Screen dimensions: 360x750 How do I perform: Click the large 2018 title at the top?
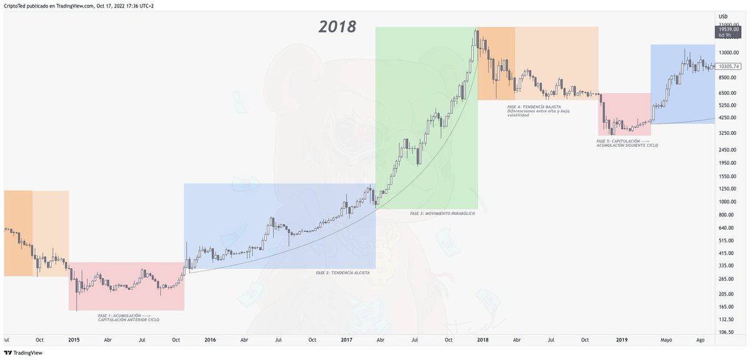coord(337,27)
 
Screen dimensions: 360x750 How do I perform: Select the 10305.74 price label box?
coord(729,66)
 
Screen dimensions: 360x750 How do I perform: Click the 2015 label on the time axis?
coord(74,340)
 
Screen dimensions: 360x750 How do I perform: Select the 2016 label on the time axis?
coord(210,340)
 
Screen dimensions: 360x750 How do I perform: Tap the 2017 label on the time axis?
coord(347,340)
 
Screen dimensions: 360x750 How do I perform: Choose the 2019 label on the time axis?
coord(622,340)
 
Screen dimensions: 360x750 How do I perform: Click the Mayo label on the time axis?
coord(666,340)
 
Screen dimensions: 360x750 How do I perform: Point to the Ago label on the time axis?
coord(701,340)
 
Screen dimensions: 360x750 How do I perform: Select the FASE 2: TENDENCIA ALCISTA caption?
coord(342,273)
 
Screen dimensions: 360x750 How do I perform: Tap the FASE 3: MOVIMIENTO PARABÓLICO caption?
coord(442,214)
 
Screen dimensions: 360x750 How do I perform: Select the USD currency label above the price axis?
coord(723,17)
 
